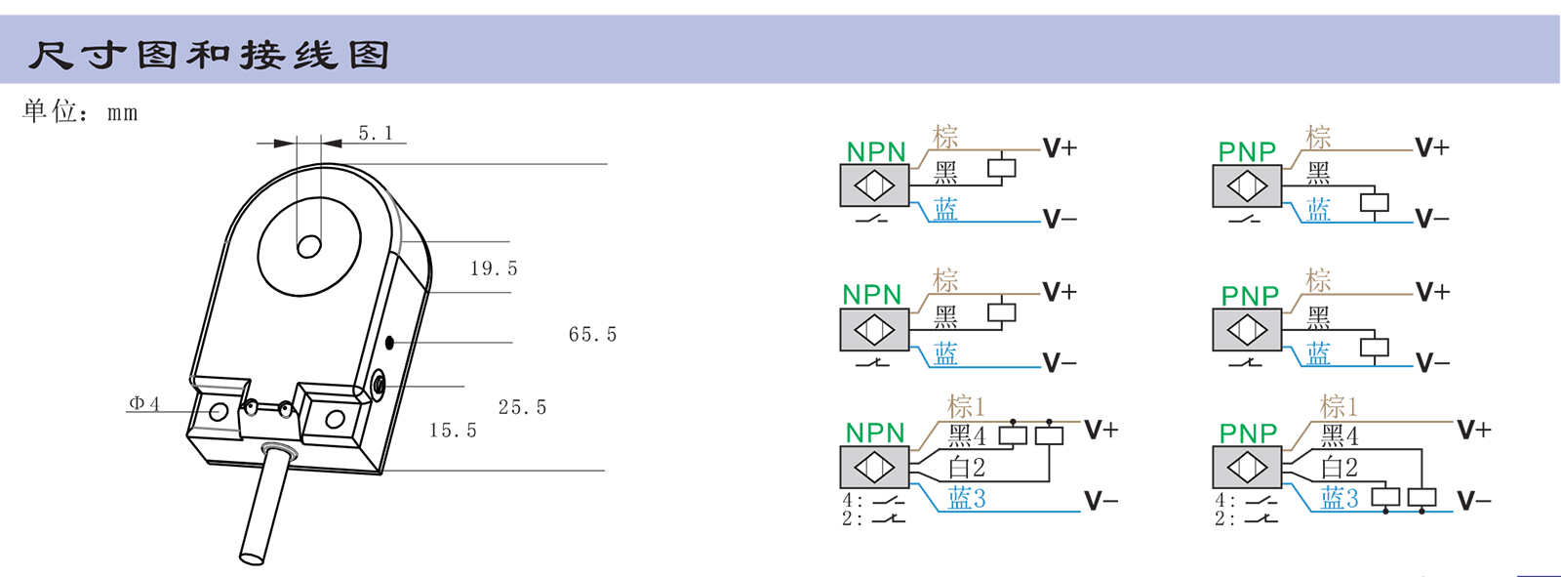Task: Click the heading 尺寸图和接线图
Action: (x=209, y=55)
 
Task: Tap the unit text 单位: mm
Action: (x=80, y=111)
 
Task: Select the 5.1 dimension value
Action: (x=376, y=133)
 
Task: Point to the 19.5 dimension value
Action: (x=494, y=268)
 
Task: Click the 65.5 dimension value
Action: (x=593, y=335)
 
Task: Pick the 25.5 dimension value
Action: (x=523, y=407)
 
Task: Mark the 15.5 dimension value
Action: (x=454, y=431)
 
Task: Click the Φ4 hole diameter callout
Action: (x=144, y=403)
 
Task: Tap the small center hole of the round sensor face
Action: (x=309, y=246)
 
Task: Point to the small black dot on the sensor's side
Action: (x=390, y=342)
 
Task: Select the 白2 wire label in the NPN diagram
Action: (x=967, y=468)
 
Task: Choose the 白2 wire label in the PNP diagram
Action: (x=1340, y=468)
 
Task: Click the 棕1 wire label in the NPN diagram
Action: (x=967, y=405)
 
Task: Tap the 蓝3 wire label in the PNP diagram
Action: (x=1340, y=499)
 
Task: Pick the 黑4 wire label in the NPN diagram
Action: (x=967, y=435)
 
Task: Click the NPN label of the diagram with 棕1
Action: (x=875, y=433)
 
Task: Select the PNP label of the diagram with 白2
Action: (x=1248, y=433)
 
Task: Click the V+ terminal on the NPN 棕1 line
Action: (x=1101, y=430)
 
